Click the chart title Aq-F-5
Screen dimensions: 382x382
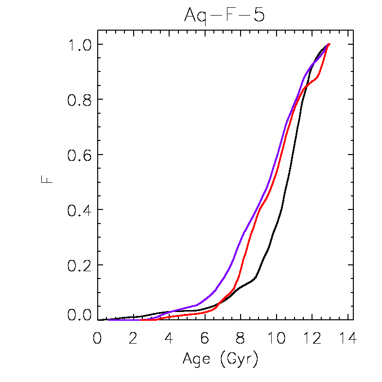point(224,16)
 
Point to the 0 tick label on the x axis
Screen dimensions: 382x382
point(98,338)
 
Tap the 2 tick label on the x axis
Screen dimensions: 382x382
point(133,338)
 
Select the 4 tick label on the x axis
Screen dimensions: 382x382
point(169,338)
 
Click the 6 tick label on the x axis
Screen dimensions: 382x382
point(205,338)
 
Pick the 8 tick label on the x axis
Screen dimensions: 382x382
point(241,338)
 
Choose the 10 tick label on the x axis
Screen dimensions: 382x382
point(276,338)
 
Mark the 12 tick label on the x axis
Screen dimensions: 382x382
point(312,338)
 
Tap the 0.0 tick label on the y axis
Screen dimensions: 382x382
point(80,316)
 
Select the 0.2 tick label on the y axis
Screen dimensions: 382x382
point(80,265)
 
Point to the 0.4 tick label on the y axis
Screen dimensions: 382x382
point(80,210)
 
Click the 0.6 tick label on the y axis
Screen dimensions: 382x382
point(80,155)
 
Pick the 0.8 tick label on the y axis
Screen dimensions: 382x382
point(80,100)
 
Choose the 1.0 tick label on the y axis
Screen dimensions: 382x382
point(80,45)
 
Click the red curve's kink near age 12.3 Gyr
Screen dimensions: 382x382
point(318,76)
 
